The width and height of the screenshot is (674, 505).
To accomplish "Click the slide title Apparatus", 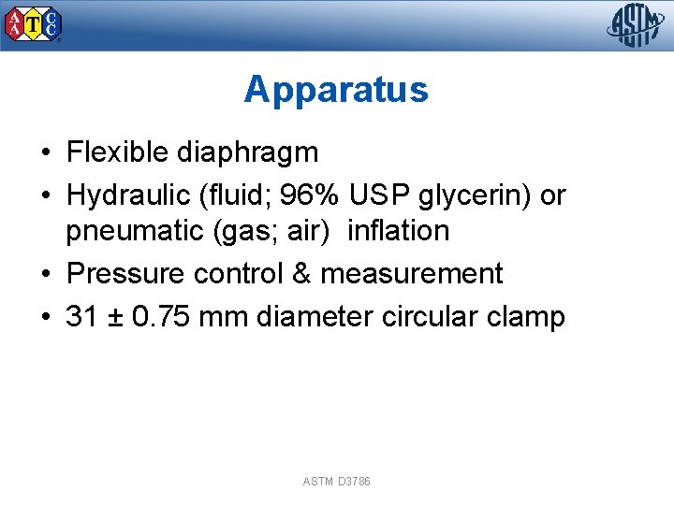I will [336, 90].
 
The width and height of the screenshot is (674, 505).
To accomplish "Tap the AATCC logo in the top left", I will [34, 25].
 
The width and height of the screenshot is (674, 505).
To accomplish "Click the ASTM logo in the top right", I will [636, 25].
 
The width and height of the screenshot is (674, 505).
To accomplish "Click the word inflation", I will [398, 230].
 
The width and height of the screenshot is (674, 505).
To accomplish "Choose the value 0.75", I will [163, 317].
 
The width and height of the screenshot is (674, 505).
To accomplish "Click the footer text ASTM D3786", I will [337, 481].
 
